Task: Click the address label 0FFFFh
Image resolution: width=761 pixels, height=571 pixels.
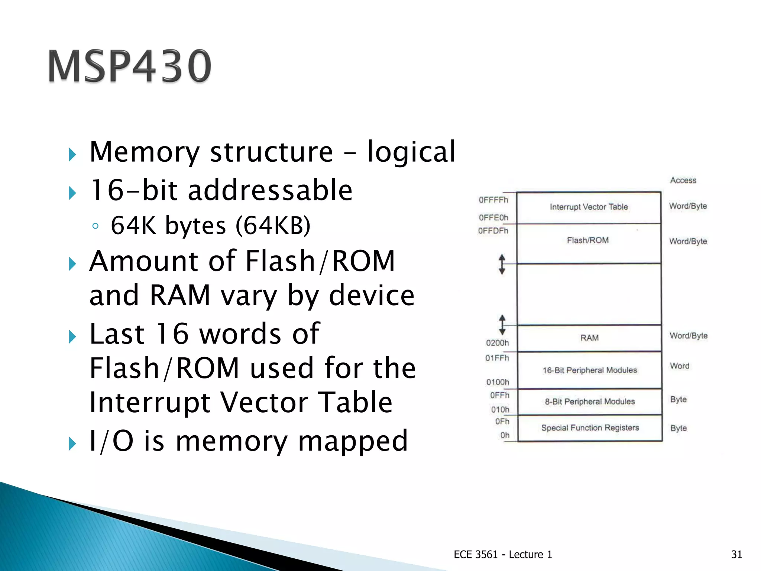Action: pos(493,200)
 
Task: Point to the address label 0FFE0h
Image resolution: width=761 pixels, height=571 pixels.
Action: pos(493,217)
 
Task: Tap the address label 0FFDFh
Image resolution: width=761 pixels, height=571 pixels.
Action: pos(493,231)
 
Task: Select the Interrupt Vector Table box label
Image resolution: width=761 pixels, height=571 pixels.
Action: pos(589,207)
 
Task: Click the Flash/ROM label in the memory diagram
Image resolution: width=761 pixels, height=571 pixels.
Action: pos(588,241)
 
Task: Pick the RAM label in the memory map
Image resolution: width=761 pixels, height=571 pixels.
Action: pos(589,338)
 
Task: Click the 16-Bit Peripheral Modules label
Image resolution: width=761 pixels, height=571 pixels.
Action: pos(590,370)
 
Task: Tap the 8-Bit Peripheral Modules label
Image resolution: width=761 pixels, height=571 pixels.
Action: pos(590,402)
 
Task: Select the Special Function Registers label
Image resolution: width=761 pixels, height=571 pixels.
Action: pos(590,428)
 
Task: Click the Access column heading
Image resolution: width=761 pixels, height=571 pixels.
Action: pos(683,180)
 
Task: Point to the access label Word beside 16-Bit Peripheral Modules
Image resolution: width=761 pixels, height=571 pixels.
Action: pos(679,366)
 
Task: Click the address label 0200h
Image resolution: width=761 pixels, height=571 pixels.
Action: pos(497,343)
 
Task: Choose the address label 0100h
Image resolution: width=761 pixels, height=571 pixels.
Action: pos(498,382)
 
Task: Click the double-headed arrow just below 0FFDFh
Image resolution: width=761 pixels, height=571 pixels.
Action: pos(502,264)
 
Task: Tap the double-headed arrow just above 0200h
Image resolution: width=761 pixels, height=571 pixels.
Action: pos(502,325)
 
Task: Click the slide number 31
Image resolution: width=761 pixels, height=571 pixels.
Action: pos(736,554)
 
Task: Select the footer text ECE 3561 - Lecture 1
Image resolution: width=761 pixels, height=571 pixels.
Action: pos(502,554)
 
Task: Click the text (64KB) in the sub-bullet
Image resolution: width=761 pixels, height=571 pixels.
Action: pos(273,225)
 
